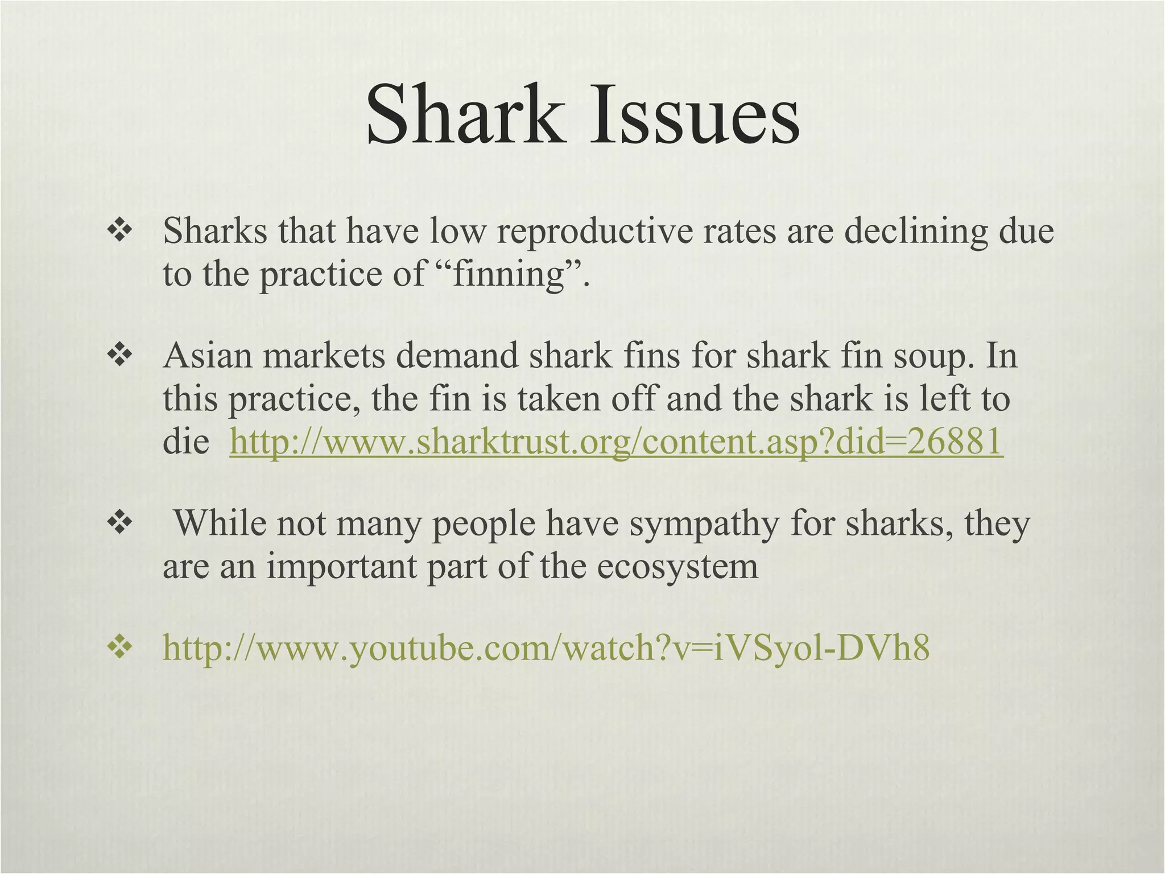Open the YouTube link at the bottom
tap(546, 648)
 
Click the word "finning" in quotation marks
tap(512, 274)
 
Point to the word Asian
tap(208, 356)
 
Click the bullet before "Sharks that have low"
tap(119, 232)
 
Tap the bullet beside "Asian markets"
tap(119, 356)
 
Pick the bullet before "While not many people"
tap(119, 523)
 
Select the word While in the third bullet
tap(220, 523)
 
